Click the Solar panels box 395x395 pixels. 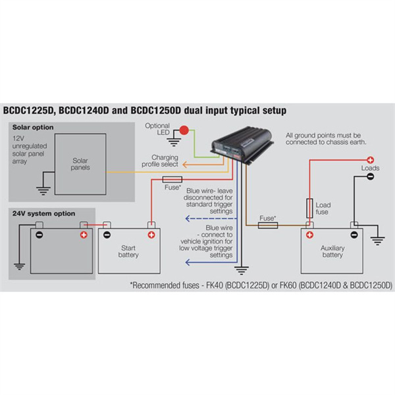[80, 164]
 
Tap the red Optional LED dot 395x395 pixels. [184, 131]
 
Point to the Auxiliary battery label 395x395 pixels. [332, 251]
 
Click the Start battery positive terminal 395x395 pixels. [151, 234]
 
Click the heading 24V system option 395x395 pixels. [42, 213]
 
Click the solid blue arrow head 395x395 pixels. [187, 262]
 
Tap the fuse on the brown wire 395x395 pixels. [267, 225]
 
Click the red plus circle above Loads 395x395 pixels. [371, 159]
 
